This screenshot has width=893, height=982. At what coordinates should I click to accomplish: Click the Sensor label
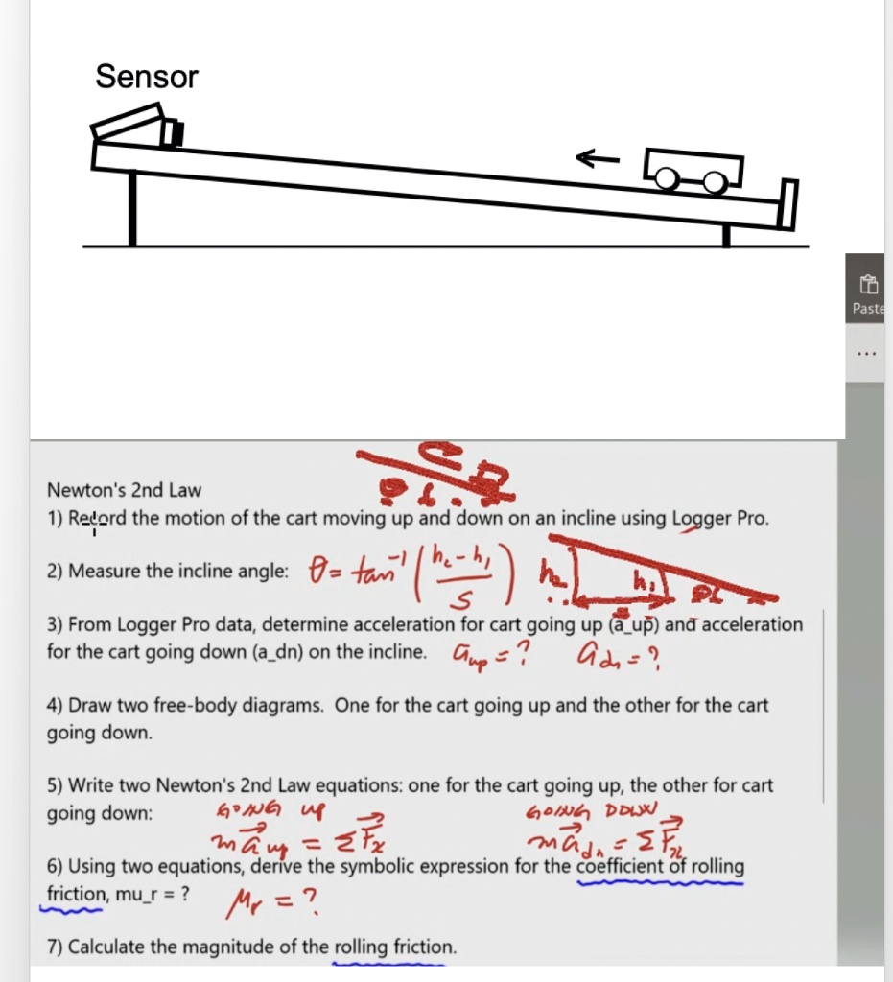[147, 77]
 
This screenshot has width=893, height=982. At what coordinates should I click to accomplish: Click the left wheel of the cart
[667, 178]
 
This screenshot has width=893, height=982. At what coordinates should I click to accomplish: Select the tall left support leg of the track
[131, 209]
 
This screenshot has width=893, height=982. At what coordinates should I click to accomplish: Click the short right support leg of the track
[726, 233]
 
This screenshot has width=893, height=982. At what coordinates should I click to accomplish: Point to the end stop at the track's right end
[787, 204]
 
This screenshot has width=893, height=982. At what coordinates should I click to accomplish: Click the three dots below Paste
[867, 352]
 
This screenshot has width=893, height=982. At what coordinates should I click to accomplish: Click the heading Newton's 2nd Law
[125, 490]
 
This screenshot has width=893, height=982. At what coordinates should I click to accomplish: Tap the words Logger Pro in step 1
[718, 518]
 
